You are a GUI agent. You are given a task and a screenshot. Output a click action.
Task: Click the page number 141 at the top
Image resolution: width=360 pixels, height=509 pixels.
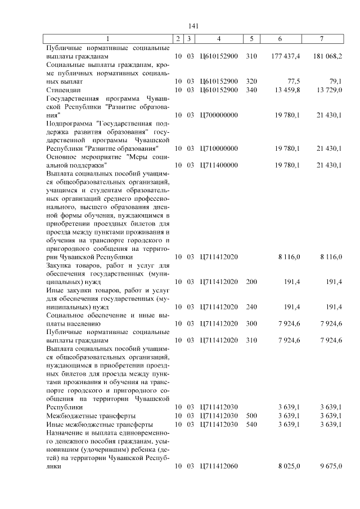pyautogui.click(x=194, y=26)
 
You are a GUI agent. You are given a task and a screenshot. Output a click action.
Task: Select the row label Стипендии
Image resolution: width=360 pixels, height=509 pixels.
pyautogui.click(x=64, y=89)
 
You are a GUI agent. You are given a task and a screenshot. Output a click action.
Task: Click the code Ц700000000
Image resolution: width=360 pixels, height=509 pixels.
pyautogui.click(x=219, y=115)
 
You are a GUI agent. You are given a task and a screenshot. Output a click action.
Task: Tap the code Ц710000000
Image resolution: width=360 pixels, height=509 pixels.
pyautogui.click(x=219, y=148)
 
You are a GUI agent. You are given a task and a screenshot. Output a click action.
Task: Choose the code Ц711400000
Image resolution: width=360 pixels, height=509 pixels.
pyautogui.click(x=219, y=165)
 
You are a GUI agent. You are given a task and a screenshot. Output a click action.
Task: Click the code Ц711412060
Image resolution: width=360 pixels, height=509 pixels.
pyautogui.click(x=219, y=466)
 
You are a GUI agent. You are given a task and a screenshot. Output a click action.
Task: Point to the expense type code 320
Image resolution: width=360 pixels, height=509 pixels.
pyautogui.click(x=251, y=81)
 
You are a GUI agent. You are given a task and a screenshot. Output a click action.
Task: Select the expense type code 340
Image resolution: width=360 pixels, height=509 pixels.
pyautogui.click(x=251, y=89)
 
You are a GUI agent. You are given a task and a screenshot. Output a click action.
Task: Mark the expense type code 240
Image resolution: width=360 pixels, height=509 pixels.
pyautogui.click(x=251, y=307)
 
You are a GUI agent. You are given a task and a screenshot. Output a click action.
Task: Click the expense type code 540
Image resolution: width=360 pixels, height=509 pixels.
pyautogui.click(x=251, y=424)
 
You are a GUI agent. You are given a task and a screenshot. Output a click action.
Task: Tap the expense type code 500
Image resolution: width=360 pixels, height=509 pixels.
pyautogui.click(x=251, y=416)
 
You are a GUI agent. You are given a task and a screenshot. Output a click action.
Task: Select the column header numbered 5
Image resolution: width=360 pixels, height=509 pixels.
pyautogui.click(x=251, y=38)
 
